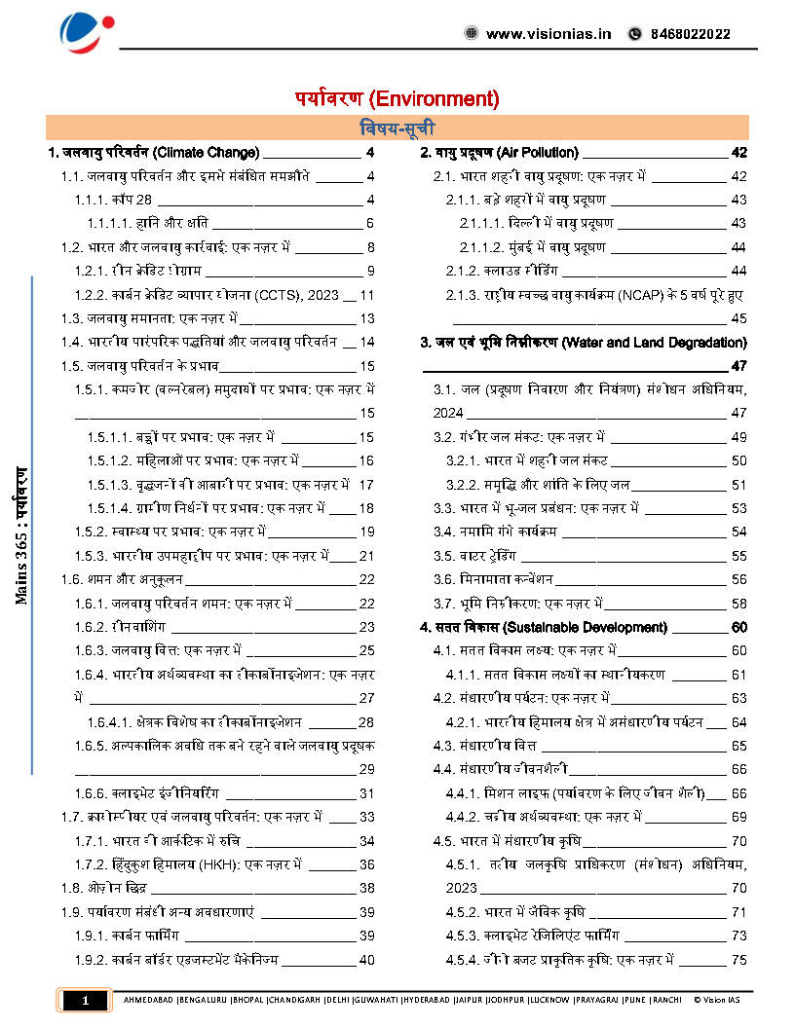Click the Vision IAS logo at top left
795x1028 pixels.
[88, 33]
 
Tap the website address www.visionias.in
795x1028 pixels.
[549, 34]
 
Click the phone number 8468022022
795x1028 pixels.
[688, 34]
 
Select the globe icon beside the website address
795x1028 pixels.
[472, 34]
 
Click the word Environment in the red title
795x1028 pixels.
[435, 98]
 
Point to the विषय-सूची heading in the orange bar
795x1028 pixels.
[397, 128]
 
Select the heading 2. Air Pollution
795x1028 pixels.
[499, 153]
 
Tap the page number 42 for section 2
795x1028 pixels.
[738, 153]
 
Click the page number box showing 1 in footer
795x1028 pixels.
[85, 1001]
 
